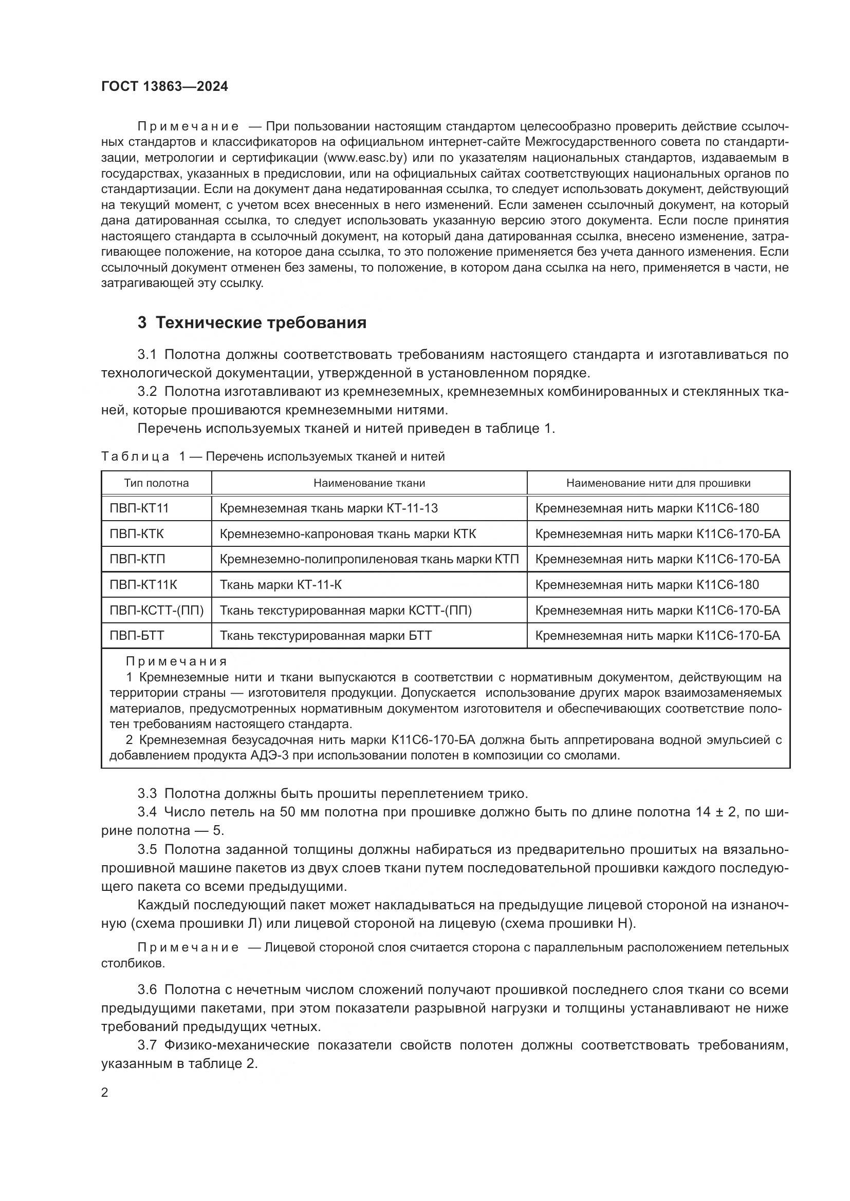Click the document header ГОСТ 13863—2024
pyautogui.click(x=164, y=86)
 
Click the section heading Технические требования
pyautogui.click(x=261, y=323)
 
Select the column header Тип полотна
pyautogui.click(x=157, y=483)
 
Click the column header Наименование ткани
pyautogui.click(x=369, y=483)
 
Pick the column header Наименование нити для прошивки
pyautogui.click(x=658, y=483)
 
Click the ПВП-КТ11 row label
pyautogui.click(x=139, y=508)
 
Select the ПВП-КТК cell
pyautogui.click(x=137, y=534)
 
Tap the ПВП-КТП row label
pyautogui.click(x=137, y=559)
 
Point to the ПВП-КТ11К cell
pyautogui.click(x=143, y=585)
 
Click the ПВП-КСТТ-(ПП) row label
pyautogui.click(x=157, y=611)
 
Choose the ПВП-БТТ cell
pyautogui.click(x=137, y=636)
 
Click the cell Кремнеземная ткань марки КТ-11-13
pyautogui.click(x=329, y=508)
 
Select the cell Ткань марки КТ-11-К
pyautogui.click(x=281, y=585)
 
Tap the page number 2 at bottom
pyautogui.click(x=105, y=1092)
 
